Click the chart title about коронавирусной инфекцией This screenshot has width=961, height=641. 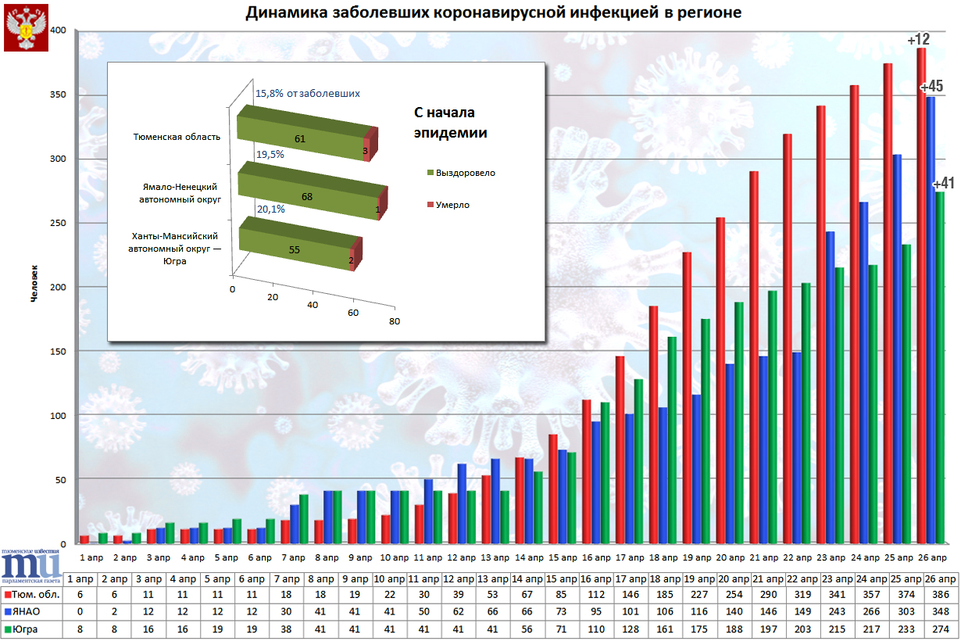tap(493, 13)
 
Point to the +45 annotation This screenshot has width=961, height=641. tap(932, 87)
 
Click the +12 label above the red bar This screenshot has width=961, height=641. tap(918, 39)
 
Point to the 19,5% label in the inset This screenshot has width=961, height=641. tap(270, 155)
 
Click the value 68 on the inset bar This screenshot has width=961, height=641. tap(307, 197)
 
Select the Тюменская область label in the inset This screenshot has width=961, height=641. tap(177, 137)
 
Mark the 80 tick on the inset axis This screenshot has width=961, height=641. tap(395, 320)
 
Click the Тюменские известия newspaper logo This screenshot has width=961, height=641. tap(31, 564)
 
